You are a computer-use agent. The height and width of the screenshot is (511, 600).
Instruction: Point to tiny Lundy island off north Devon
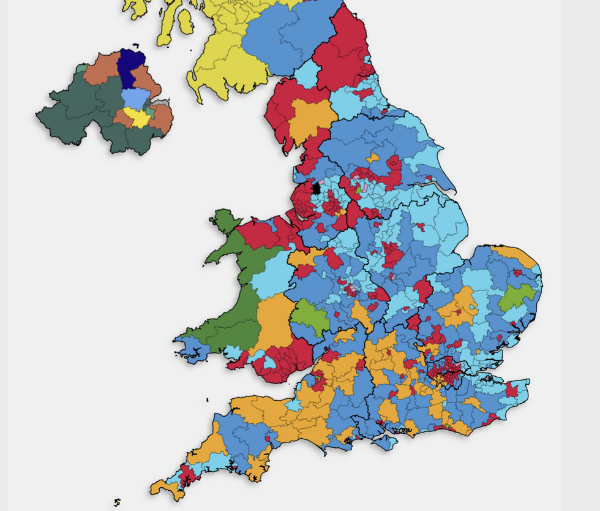tap(208, 400)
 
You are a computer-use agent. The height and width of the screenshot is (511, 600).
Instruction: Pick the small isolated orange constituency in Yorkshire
tap(373, 158)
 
